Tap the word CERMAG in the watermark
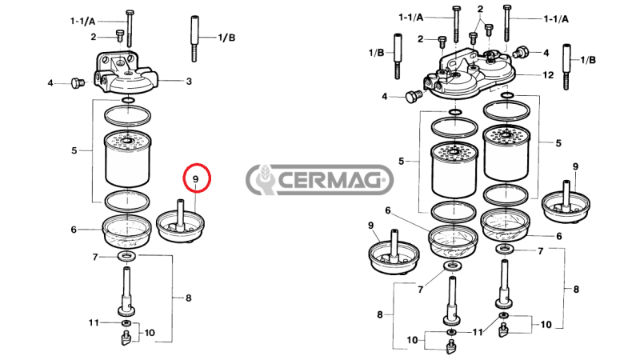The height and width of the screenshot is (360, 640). coord(335,180)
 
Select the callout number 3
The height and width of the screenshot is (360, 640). coord(189,81)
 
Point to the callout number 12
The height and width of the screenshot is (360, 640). coord(548,75)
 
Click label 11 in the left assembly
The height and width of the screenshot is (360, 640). coord(94,322)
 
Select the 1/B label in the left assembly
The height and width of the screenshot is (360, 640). coord(226,37)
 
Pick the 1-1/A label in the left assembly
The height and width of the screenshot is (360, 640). coord(82,22)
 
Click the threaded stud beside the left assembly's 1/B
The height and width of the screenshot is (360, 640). coord(194,38)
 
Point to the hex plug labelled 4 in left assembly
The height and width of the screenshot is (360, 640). coord(78,82)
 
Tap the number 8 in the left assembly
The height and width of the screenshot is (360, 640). coord(189,298)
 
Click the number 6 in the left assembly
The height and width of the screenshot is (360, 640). coord(73,230)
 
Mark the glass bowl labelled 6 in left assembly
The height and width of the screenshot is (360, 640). coord(127,231)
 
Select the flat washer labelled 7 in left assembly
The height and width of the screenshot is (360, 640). coord(126,257)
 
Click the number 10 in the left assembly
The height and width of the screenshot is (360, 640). coord(150,332)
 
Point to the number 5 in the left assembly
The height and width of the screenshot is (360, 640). coord(74,150)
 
